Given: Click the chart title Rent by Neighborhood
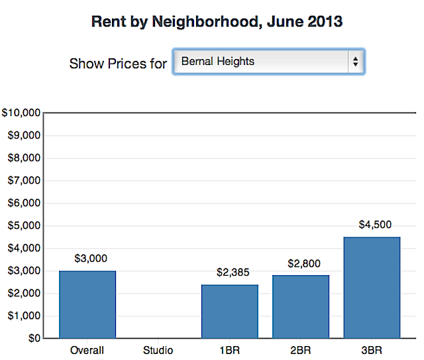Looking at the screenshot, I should coord(217,21).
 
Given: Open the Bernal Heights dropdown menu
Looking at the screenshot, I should coord(268,62).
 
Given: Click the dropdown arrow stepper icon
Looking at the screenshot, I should coord(356,62).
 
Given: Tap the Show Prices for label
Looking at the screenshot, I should coord(118,64).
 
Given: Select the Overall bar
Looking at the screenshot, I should coord(87,304).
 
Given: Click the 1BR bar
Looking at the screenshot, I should coord(230,312).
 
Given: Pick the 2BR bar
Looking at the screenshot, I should coord(301,306).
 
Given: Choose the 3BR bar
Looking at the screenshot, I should coord(372,287).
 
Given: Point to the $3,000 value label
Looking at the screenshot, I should coord(91,258).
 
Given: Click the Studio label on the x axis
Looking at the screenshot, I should coord(158,349).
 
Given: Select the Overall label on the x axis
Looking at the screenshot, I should coord(87,349).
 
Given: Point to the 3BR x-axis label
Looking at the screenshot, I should coord(372,349).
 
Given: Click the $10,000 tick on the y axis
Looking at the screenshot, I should coord(21,113).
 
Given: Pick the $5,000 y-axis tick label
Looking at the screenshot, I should coord(23,225).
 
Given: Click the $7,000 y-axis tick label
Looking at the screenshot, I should coord(23,180).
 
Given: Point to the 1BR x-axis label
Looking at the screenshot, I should coord(230,349).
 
